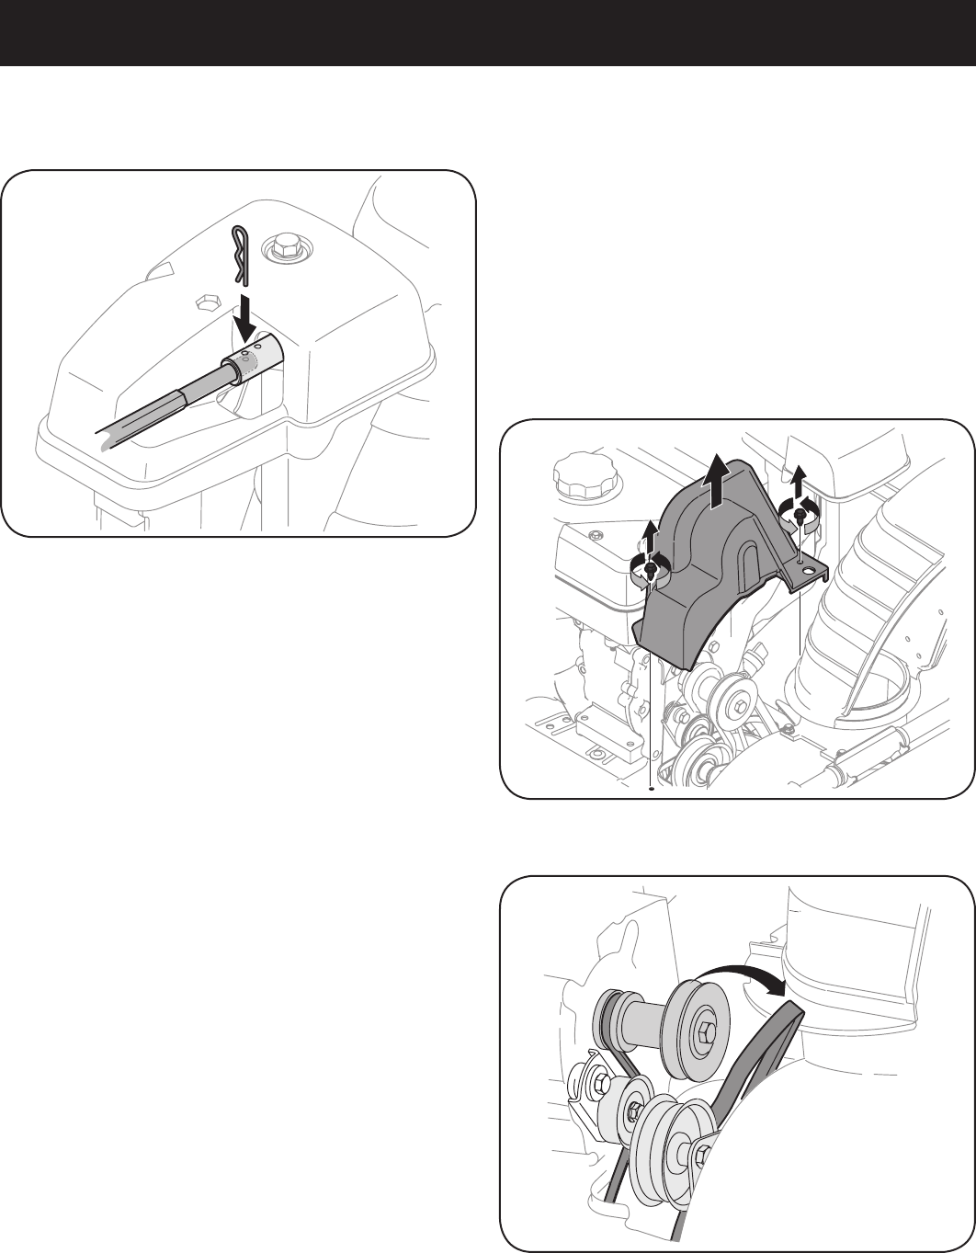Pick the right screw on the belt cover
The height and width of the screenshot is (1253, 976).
coord(800,518)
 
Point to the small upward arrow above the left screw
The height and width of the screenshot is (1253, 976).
coord(652,533)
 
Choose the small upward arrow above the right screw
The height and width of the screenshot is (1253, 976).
coord(800,478)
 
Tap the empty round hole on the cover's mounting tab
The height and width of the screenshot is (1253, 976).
coord(809,572)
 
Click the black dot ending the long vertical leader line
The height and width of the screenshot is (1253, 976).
coord(652,788)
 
